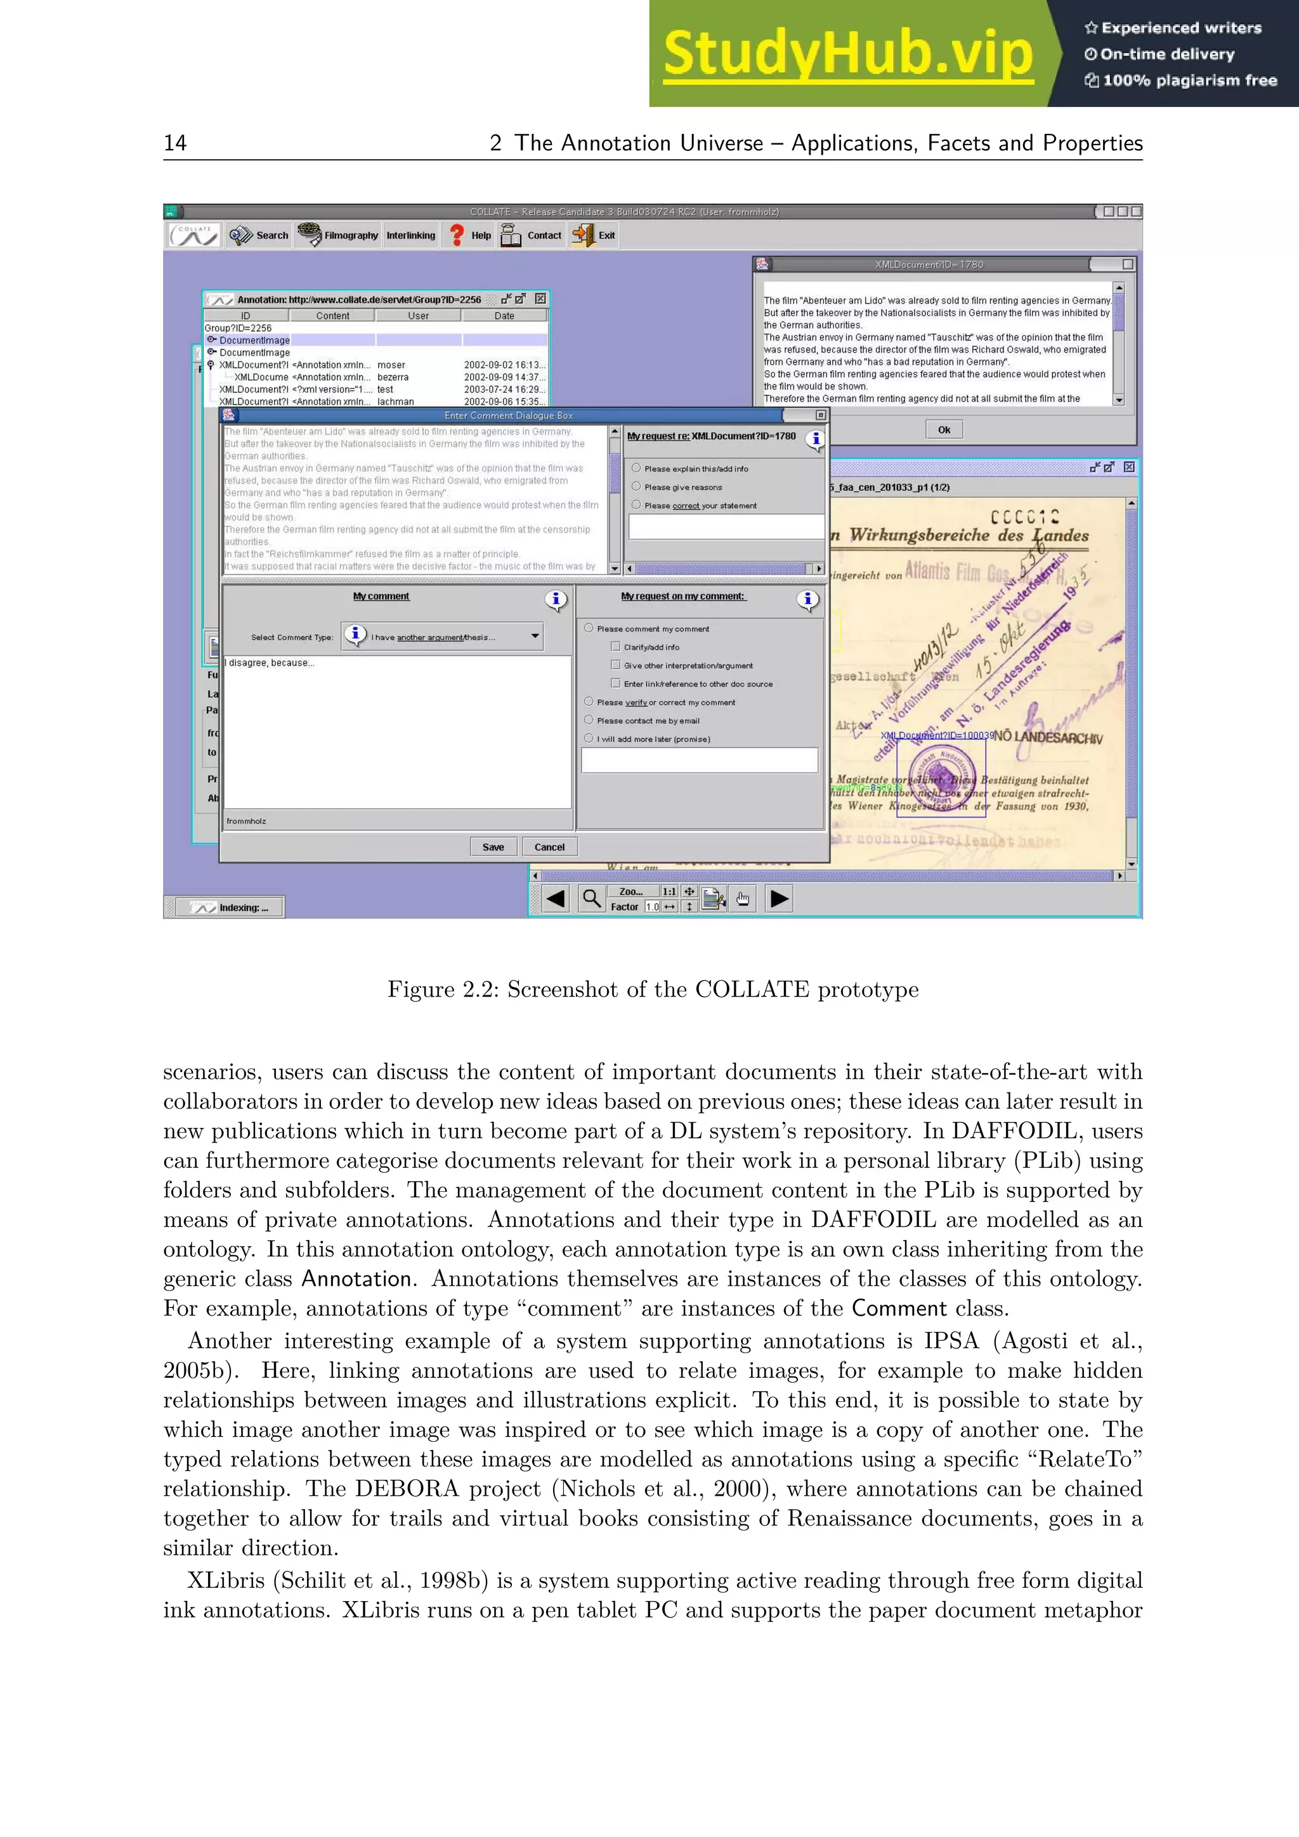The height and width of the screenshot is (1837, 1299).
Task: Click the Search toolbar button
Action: [259, 235]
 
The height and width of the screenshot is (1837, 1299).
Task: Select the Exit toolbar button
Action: [594, 235]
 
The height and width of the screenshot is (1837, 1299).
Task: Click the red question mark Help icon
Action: [457, 235]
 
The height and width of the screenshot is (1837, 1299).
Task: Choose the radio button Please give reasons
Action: [636, 487]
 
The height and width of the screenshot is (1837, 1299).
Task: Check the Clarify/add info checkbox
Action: [615, 646]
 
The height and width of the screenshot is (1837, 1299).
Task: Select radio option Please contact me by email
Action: [589, 720]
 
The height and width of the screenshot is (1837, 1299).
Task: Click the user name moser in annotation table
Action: [391, 365]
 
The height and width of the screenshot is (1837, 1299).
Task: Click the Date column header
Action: [504, 316]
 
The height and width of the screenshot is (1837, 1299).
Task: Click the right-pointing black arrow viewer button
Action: [779, 898]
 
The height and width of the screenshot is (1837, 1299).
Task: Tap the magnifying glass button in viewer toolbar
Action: [591, 898]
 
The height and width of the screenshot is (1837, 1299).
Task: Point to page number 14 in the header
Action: [175, 143]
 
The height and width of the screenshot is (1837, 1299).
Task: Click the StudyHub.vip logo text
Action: [848, 55]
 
